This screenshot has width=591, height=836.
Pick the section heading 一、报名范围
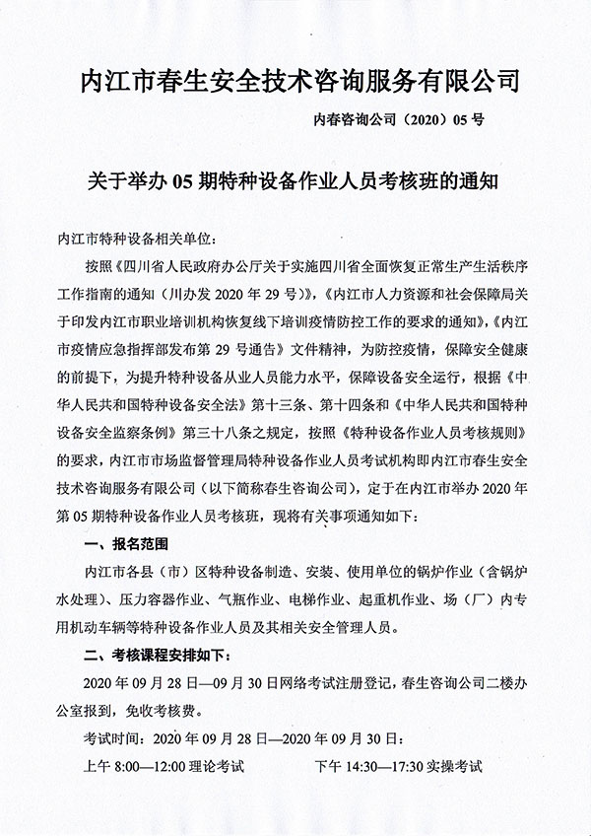point(127,543)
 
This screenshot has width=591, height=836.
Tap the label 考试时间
point(109,737)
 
